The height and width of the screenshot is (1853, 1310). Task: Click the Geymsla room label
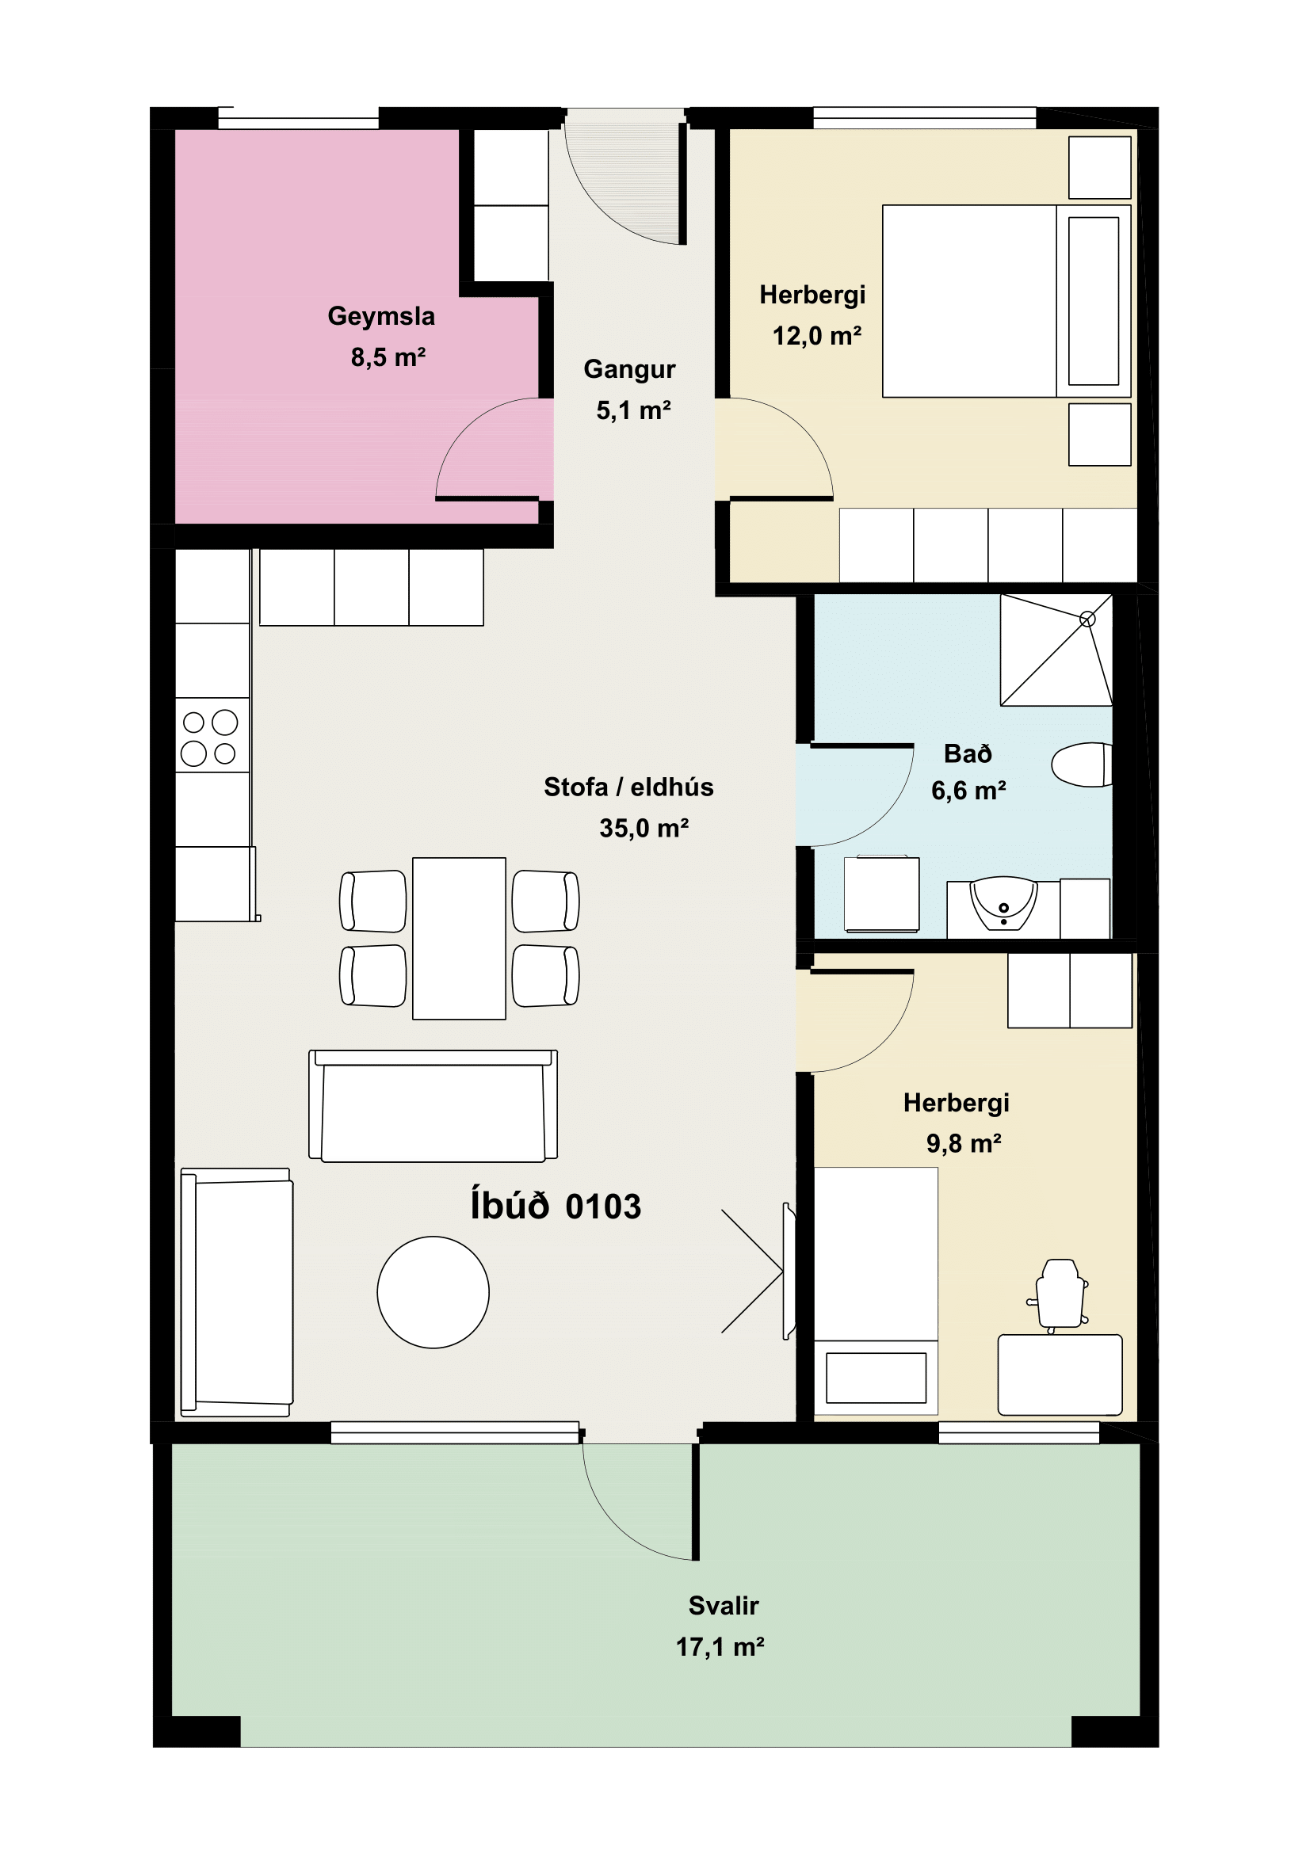pos(381,316)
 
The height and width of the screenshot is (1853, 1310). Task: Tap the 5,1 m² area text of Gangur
pos(634,411)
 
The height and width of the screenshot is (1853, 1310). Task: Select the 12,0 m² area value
pos(817,336)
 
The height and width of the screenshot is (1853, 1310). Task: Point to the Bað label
pos(968,753)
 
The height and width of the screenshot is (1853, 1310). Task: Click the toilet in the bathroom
pos(1082,764)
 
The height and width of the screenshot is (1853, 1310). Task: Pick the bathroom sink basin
pos(1003,904)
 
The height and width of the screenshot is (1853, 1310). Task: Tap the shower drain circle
pos(1087,619)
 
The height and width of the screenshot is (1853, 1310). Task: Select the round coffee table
pos(433,1292)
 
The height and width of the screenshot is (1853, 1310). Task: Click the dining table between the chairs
pos(460,939)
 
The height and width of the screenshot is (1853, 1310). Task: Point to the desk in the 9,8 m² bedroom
pos(1060,1374)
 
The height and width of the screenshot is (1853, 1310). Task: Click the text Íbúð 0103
pos(556,1206)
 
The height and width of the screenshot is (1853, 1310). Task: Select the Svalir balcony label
pos(724,1606)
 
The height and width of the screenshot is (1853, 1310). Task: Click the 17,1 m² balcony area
pos(720,1646)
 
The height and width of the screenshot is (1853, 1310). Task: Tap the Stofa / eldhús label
pos(628,787)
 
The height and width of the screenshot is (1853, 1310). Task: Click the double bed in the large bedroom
pos(1006,301)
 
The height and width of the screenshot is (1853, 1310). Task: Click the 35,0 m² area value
pos(644,828)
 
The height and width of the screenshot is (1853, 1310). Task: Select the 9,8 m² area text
pos(964,1143)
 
